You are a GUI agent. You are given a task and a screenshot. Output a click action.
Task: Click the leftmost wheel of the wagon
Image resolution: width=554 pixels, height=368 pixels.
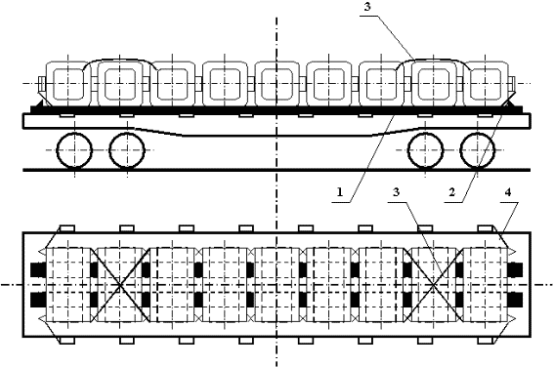point(75,152)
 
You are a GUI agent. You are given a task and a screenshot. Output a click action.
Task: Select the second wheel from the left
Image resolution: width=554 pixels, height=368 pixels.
point(127,152)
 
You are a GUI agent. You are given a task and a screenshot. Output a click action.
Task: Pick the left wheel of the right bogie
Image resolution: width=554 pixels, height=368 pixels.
point(427,152)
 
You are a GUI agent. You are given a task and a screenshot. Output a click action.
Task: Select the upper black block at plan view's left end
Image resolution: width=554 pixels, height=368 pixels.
point(39,269)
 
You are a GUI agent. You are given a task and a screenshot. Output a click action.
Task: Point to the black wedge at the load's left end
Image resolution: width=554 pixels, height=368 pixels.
point(40,102)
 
